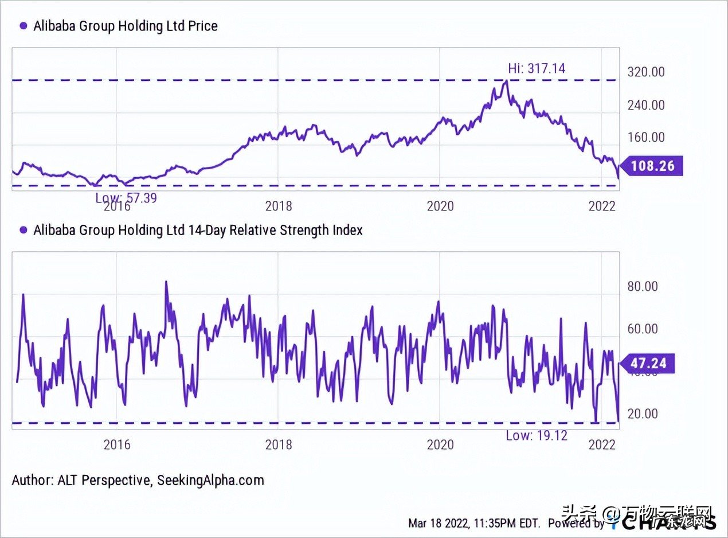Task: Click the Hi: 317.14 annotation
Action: pos(537,68)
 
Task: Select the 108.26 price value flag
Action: pos(652,166)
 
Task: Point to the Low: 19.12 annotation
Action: pos(537,435)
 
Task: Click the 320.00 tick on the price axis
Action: pos(646,72)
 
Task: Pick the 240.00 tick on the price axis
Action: pos(646,105)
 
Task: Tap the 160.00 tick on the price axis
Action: pos(646,137)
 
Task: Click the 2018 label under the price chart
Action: pos(279,205)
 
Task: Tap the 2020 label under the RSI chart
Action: pos(440,445)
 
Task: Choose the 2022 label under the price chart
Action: pos(602,205)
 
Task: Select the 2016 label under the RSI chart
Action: pos(117,445)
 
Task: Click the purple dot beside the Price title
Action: pos(24,26)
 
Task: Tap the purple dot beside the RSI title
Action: pos(24,230)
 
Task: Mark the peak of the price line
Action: pos(505,81)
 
